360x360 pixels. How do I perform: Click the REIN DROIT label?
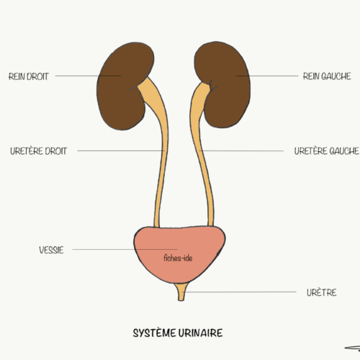(29, 76)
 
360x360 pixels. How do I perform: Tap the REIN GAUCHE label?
(327, 76)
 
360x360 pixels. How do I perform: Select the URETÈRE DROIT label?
(38, 151)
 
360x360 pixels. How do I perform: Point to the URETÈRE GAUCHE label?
(326, 151)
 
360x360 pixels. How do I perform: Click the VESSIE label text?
(51, 250)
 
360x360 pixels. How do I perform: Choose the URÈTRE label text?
(322, 292)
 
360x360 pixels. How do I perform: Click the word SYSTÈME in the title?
(154, 333)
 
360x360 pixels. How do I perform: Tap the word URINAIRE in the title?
(201, 333)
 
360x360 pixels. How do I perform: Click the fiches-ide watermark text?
(178, 258)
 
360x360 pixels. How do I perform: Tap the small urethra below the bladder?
(181, 292)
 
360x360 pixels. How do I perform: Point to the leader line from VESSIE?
(125, 249)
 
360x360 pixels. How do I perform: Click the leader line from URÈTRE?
(239, 292)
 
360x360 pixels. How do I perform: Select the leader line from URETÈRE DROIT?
(121, 150)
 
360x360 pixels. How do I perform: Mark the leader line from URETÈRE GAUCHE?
(241, 151)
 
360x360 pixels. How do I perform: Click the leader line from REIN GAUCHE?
(267, 76)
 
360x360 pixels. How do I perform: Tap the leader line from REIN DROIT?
(88, 76)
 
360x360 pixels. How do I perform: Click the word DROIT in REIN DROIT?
(37, 76)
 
